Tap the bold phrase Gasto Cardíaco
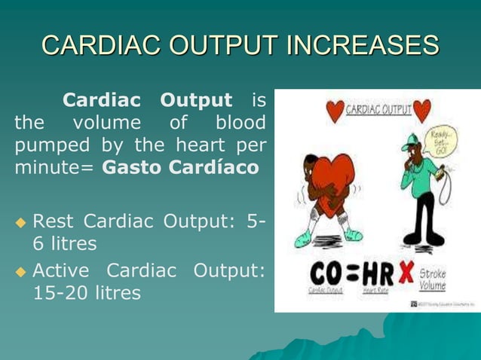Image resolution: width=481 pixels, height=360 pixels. point(180,166)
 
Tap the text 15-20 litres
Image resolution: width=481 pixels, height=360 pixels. point(86,292)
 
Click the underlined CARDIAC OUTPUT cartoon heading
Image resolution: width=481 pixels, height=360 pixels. point(379,111)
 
